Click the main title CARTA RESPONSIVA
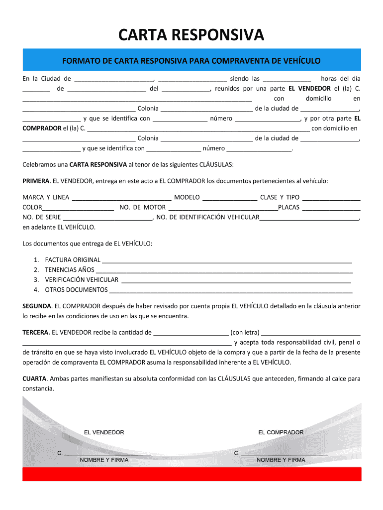point(191,35)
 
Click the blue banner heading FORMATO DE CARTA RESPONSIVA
point(191,61)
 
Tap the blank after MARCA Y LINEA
point(121,198)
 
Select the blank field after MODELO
point(230,198)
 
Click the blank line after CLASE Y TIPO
point(331,198)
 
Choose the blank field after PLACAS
point(331,208)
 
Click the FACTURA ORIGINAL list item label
point(73,260)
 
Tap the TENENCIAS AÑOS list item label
point(70,270)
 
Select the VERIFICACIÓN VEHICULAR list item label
point(82,280)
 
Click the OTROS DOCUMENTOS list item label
point(76,290)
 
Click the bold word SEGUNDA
point(37,306)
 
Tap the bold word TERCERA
point(36,332)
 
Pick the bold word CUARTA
point(34,379)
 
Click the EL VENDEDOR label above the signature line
point(104,432)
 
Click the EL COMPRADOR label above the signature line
point(281,432)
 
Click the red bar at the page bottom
point(191,474)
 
